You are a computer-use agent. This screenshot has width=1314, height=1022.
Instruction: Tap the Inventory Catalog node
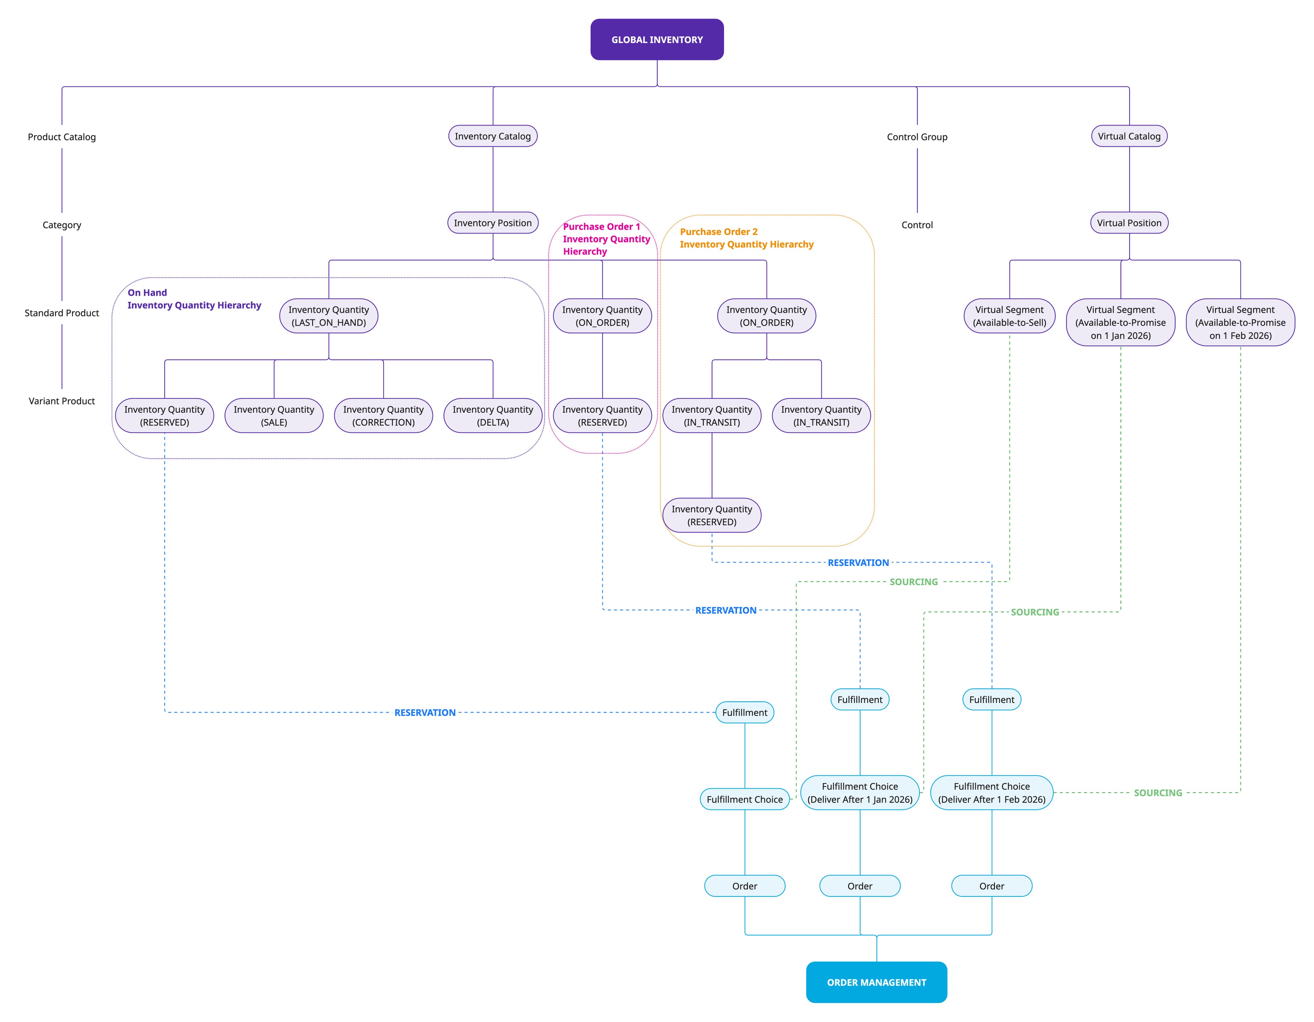coord(493,136)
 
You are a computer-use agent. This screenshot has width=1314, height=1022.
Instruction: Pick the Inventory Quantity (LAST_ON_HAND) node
coord(328,316)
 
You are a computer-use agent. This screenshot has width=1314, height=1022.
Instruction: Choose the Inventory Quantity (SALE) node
coord(274,415)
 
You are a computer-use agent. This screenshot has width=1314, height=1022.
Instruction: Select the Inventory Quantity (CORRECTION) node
coord(383,415)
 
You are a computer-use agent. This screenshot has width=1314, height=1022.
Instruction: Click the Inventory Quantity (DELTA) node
coord(493,415)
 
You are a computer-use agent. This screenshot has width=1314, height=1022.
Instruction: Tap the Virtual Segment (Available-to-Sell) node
coord(1009,316)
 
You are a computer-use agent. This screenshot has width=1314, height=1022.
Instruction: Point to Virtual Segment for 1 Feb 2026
coord(1240,322)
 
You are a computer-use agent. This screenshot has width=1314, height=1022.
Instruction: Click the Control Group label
coord(917,137)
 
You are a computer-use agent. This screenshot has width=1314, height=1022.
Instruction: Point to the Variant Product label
coord(62,401)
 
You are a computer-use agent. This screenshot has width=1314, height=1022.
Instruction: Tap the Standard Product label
coord(62,313)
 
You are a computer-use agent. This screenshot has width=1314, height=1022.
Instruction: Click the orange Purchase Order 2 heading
coord(746,238)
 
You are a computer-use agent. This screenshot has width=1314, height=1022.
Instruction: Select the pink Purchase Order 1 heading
coord(606,239)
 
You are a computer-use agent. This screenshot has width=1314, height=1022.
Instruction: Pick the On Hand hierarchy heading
coord(194,299)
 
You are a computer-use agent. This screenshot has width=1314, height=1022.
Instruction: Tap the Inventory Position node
coord(493,223)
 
